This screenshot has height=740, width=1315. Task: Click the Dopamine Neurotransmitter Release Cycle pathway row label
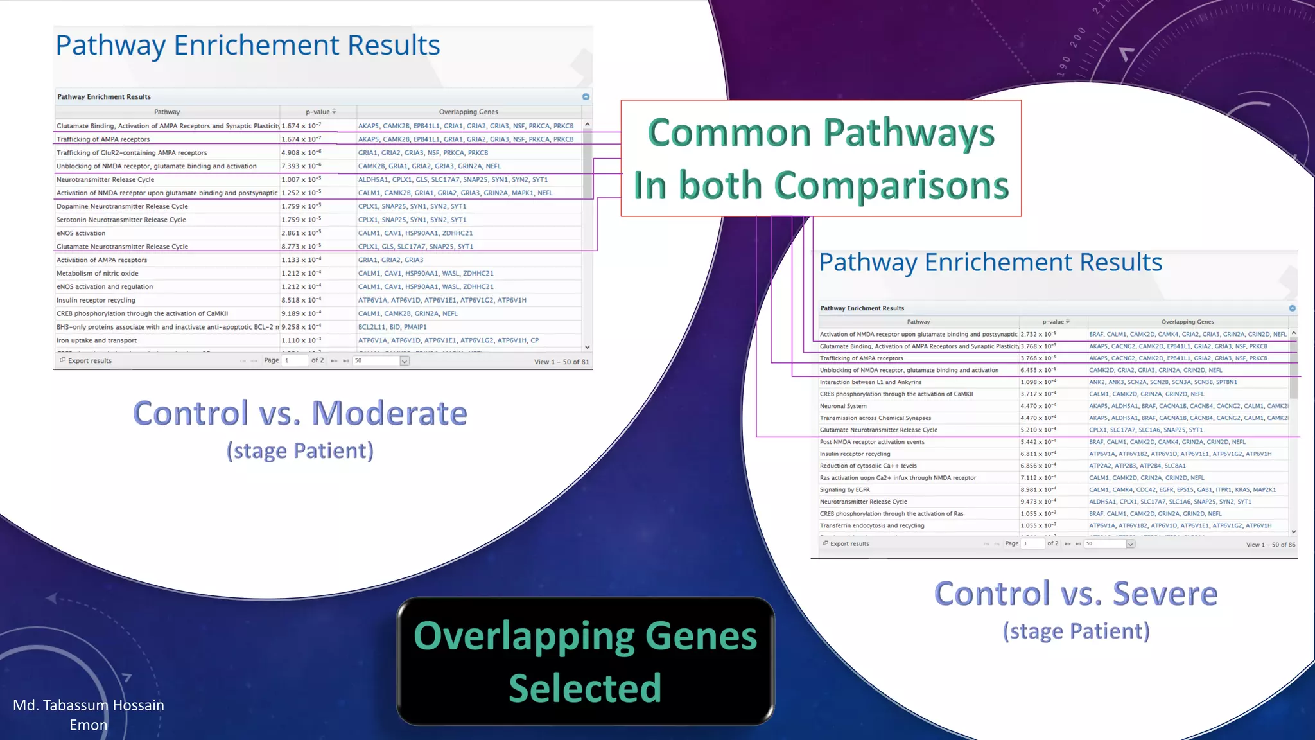click(122, 206)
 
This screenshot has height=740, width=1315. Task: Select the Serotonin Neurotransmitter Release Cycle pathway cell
click(121, 220)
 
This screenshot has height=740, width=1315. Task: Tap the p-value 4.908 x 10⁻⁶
click(301, 153)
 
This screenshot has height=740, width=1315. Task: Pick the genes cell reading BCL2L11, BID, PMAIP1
click(392, 327)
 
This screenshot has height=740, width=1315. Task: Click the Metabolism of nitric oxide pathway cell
click(98, 274)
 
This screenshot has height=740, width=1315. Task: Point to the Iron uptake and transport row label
click(96, 340)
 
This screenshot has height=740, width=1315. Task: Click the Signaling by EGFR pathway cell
click(844, 489)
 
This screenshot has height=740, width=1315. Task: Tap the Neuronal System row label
click(843, 406)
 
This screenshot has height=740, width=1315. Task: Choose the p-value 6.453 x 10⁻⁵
click(1038, 370)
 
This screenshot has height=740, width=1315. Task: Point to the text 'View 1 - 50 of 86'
click(1270, 545)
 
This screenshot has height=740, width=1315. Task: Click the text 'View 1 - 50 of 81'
click(561, 362)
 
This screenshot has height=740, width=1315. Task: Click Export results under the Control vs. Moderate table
click(89, 361)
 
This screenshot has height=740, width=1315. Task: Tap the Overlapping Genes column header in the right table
click(1187, 322)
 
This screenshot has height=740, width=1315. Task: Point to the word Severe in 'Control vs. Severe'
click(1164, 594)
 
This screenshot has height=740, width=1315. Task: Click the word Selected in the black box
click(585, 688)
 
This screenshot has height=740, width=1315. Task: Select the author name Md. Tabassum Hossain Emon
click(89, 714)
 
